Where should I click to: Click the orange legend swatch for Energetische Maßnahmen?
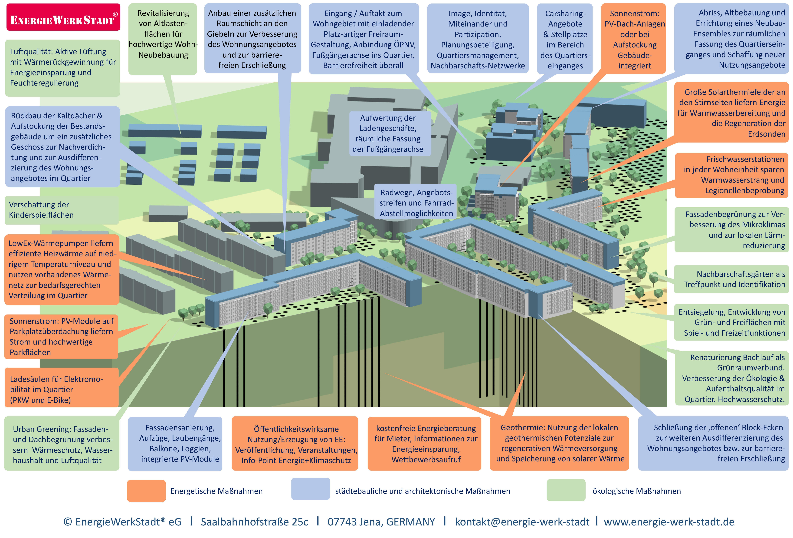[x=146, y=491]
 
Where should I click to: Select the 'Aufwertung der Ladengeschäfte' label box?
[x=388, y=133]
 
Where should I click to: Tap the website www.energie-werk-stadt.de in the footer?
[x=669, y=522]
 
